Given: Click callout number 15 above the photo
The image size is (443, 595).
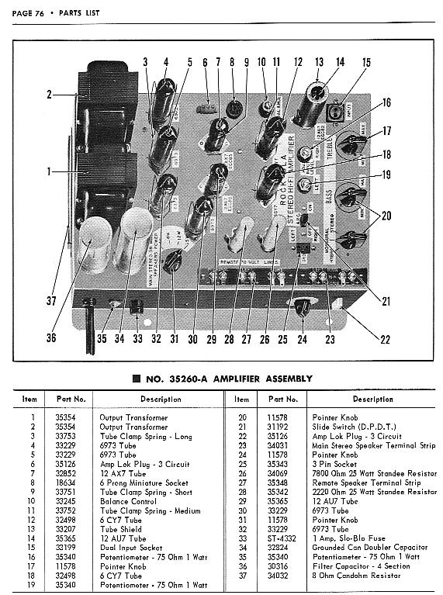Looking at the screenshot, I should [365, 63].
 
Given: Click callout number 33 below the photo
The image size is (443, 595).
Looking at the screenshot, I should [138, 338].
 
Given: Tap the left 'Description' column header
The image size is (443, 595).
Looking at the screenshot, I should [139, 400].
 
